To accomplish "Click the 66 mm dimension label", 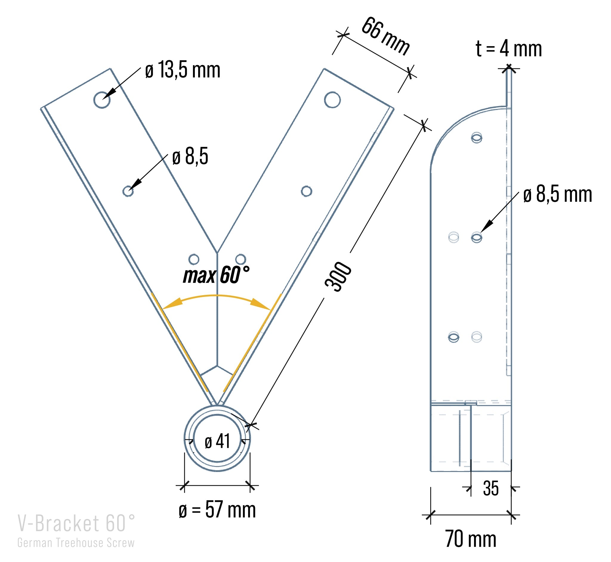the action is click(385, 36).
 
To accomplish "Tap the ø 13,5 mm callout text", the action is click(183, 70).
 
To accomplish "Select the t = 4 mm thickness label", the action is click(509, 48).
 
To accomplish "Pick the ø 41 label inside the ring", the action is click(217, 441).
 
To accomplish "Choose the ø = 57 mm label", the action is click(217, 510).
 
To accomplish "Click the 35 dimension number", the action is click(491, 489).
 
